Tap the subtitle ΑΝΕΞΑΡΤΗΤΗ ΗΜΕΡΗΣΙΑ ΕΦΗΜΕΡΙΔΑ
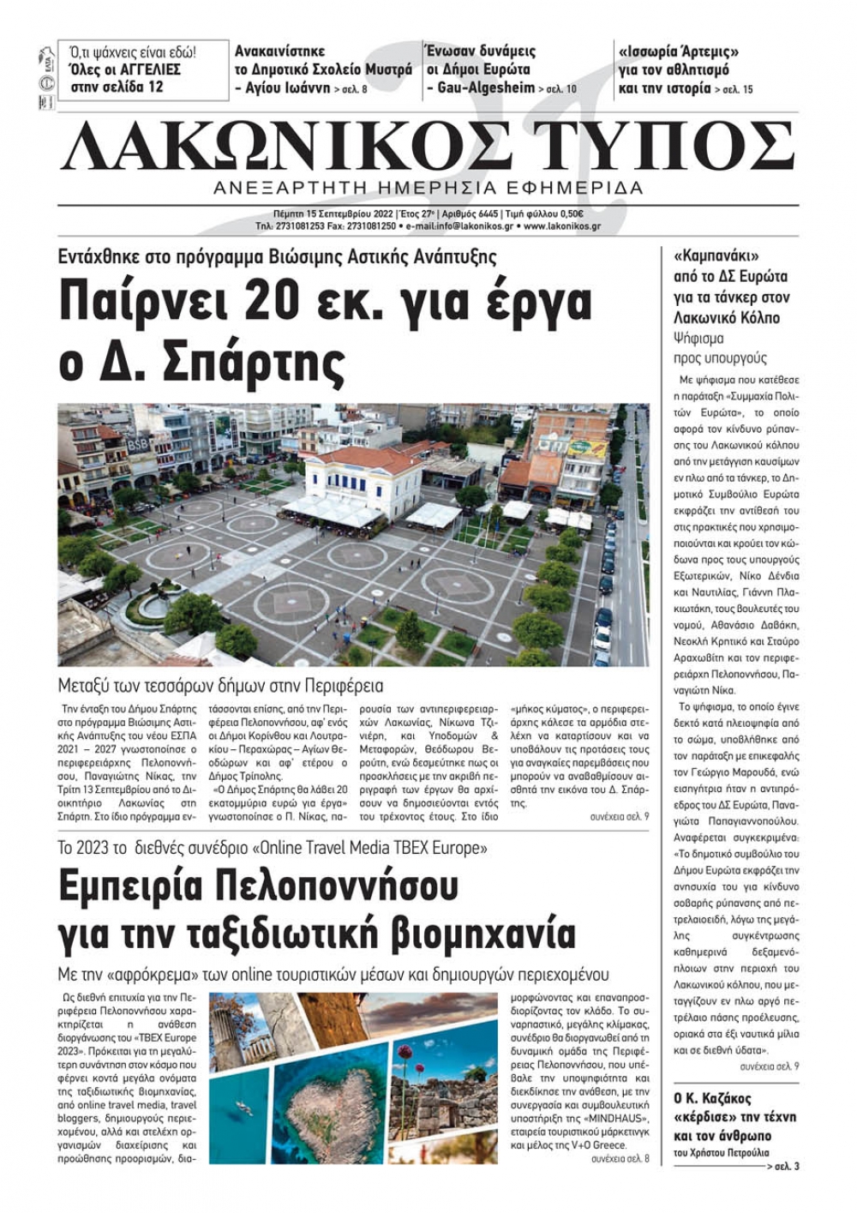click(x=428, y=188)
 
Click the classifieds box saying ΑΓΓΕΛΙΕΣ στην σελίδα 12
click(x=143, y=69)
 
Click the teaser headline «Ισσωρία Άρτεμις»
click(x=679, y=51)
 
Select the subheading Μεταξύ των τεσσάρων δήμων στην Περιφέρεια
click(x=220, y=686)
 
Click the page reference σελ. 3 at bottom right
click(x=785, y=1167)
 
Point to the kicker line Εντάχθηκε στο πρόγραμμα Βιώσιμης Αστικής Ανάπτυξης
click(x=277, y=256)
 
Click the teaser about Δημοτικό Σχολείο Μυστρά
click(x=323, y=69)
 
